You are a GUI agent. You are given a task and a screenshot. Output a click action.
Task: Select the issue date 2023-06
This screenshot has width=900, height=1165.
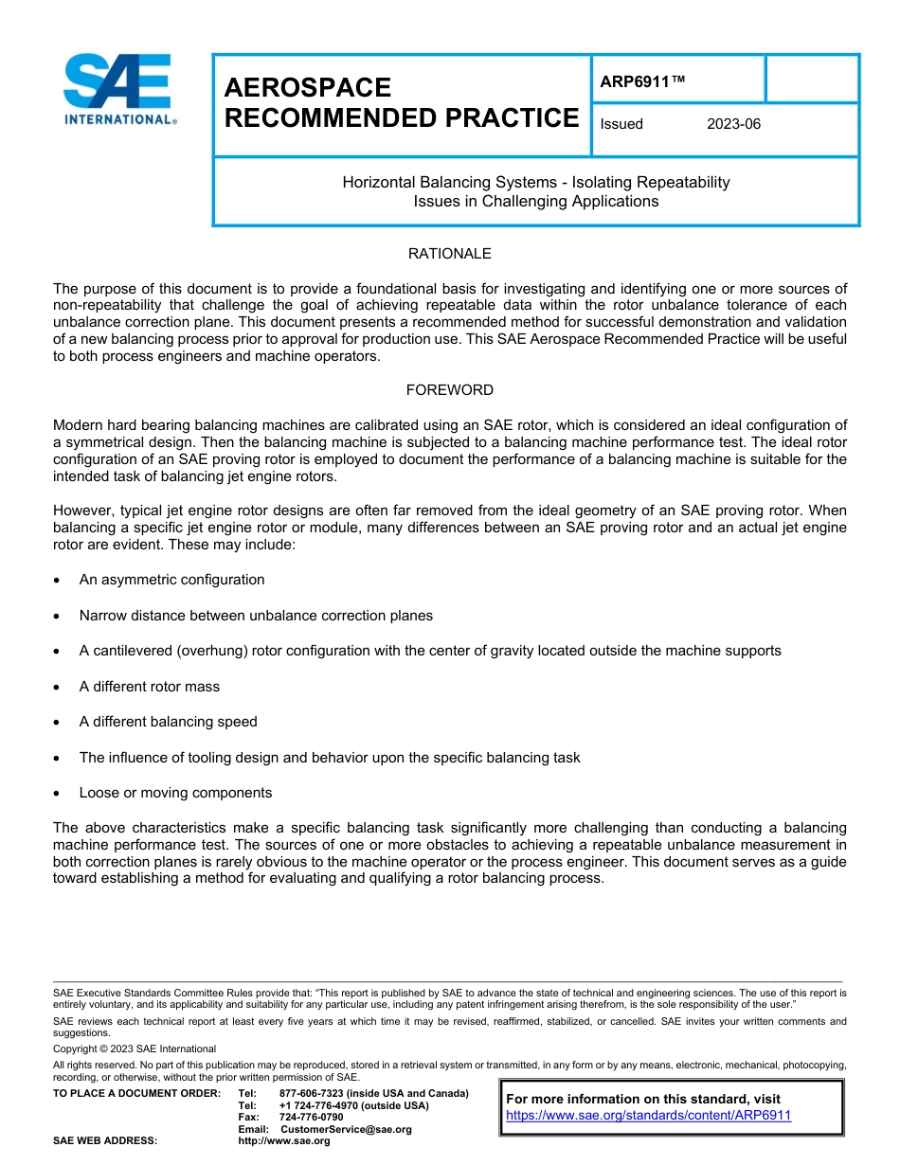[733, 124]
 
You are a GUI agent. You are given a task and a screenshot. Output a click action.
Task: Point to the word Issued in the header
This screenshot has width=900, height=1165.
[621, 124]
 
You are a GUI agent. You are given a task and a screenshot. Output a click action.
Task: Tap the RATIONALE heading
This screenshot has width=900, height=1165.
[449, 254]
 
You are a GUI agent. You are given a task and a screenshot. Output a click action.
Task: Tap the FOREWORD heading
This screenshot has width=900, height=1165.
[449, 390]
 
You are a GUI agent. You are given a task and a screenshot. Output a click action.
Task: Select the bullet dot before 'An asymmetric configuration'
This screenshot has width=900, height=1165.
[60, 581]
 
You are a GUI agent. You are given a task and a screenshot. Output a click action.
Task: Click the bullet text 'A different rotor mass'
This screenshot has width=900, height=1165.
[149, 687]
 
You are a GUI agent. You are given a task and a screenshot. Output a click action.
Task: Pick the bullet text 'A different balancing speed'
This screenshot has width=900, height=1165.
[168, 722]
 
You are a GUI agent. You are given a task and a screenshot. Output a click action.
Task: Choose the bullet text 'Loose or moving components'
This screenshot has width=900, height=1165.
[175, 793]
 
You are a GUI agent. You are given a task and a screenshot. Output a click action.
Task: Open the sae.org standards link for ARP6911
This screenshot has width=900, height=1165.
[648, 1116]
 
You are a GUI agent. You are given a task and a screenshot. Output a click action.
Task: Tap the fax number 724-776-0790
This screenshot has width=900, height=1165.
[312, 1118]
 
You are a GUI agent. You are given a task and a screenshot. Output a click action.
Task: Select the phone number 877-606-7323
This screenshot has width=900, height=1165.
[312, 1094]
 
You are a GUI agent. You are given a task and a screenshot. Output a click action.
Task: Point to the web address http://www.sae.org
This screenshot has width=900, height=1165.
[283, 1141]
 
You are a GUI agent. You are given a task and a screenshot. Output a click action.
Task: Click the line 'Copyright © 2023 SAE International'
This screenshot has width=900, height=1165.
[135, 1049]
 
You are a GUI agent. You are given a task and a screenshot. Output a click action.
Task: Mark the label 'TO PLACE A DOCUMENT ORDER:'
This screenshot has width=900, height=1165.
[136, 1094]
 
